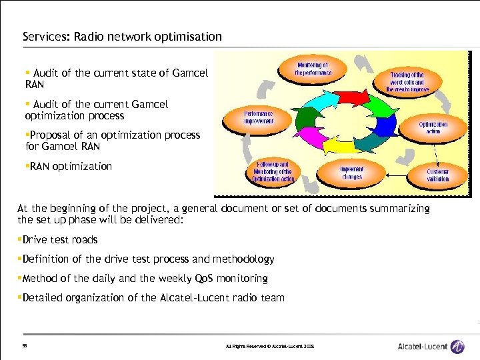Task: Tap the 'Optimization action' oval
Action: click(x=433, y=127)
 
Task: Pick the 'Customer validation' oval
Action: click(x=438, y=175)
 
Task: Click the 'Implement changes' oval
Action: click(x=351, y=173)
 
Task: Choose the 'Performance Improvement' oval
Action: click(x=258, y=118)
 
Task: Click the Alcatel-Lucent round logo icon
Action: click(x=457, y=347)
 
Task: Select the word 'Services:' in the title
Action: click(x=42, y=37)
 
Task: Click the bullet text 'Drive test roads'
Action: click(x=60, y=240)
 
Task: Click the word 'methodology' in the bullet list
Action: click(x=243, y=259)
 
